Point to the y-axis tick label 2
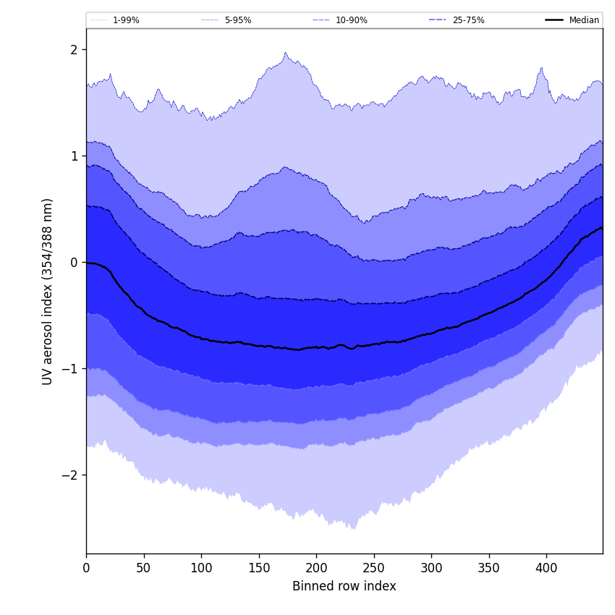[74, 50]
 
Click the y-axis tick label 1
[74, 156]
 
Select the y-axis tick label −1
[71, 369]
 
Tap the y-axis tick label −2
[71, 475]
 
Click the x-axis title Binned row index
[344, 587]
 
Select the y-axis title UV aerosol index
[48, 291]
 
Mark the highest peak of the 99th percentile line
[286, 53]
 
